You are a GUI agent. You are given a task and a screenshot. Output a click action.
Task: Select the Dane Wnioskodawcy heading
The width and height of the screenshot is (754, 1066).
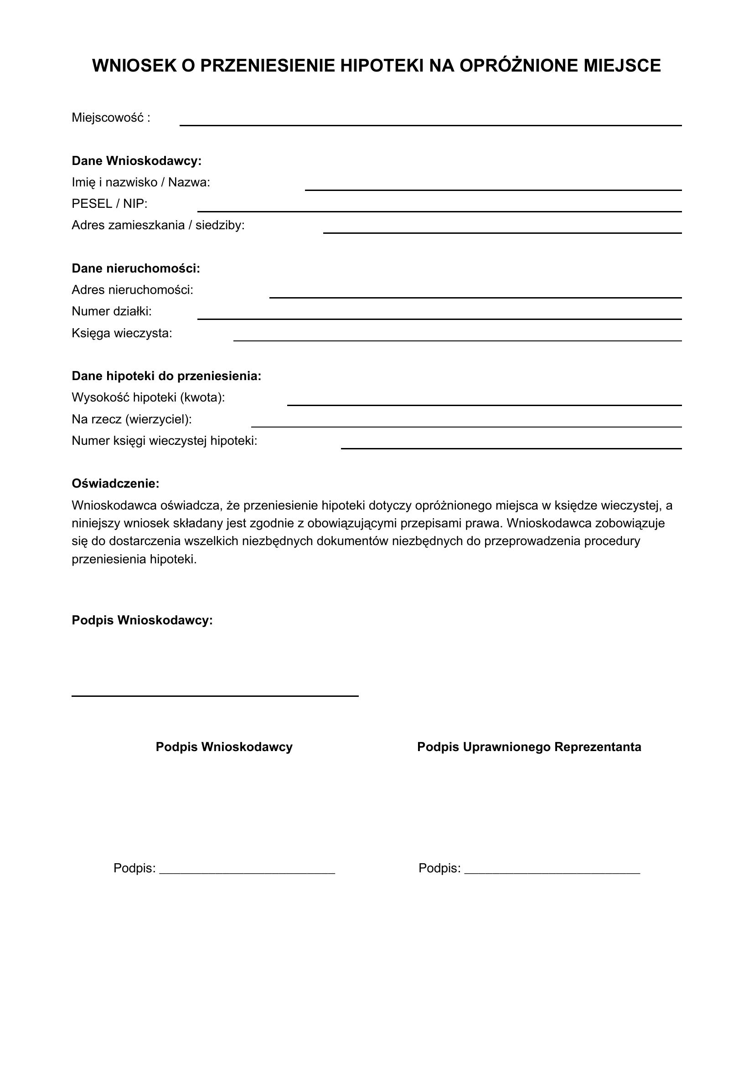click(136, 161)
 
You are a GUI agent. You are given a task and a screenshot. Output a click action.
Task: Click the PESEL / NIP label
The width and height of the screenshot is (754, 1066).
click(109, 204)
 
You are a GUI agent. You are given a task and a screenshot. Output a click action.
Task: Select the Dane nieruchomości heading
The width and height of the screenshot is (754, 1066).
click(135, 268)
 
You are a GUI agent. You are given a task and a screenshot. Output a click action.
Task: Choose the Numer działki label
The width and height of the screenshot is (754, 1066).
click(111, 312)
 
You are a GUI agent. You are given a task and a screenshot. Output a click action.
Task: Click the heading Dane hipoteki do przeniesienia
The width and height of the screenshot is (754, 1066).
click(166, 376)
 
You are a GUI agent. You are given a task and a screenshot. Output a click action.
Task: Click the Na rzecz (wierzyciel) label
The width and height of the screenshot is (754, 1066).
click(131, 419)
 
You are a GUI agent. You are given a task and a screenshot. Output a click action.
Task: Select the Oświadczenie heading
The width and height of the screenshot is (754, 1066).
click(115, 484)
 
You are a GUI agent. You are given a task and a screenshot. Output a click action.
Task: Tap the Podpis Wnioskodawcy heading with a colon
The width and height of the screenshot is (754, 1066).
click(142, 620)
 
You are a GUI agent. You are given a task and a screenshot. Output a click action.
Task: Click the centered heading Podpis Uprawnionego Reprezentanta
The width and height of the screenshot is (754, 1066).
click(529, 747)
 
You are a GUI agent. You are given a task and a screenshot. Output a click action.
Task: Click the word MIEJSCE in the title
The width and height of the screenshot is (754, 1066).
click(622, 66)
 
